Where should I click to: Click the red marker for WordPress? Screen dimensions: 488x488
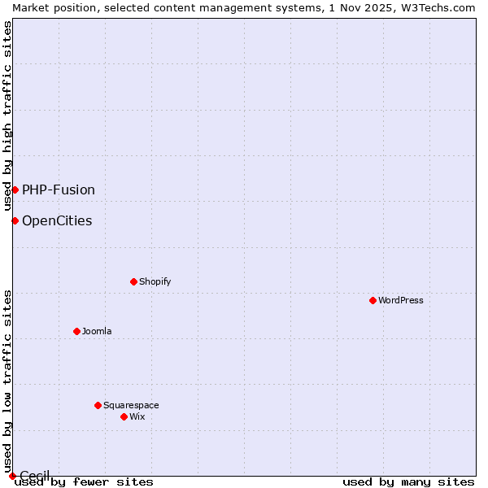(373, 300)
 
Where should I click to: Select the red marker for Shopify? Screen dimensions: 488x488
(133, 281)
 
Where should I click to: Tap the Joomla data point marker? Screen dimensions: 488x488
(76, 331)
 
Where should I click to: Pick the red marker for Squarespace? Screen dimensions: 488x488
(98, 405)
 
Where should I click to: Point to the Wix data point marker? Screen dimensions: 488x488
(124, 416)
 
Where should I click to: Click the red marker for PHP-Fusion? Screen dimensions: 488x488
(15, 190)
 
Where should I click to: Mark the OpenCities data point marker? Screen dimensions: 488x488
(15, 220)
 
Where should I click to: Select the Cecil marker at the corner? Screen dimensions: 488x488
(12, 476)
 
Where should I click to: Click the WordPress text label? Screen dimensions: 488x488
(401, 300)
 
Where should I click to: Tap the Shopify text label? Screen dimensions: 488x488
(155, 281)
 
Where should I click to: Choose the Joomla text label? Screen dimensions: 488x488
(97, 331)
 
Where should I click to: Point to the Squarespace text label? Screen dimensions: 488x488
(131, 405)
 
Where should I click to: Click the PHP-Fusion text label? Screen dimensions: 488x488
(59, 190)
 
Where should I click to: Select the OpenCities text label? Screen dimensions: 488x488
(57, 220)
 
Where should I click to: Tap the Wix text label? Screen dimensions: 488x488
(137, 416)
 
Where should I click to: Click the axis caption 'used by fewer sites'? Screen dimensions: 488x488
(84, 481)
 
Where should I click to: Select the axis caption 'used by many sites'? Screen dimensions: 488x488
(408, 481)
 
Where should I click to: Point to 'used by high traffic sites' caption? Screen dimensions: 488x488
(7, 115)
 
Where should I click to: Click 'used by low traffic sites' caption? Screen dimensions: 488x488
(7, 381)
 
